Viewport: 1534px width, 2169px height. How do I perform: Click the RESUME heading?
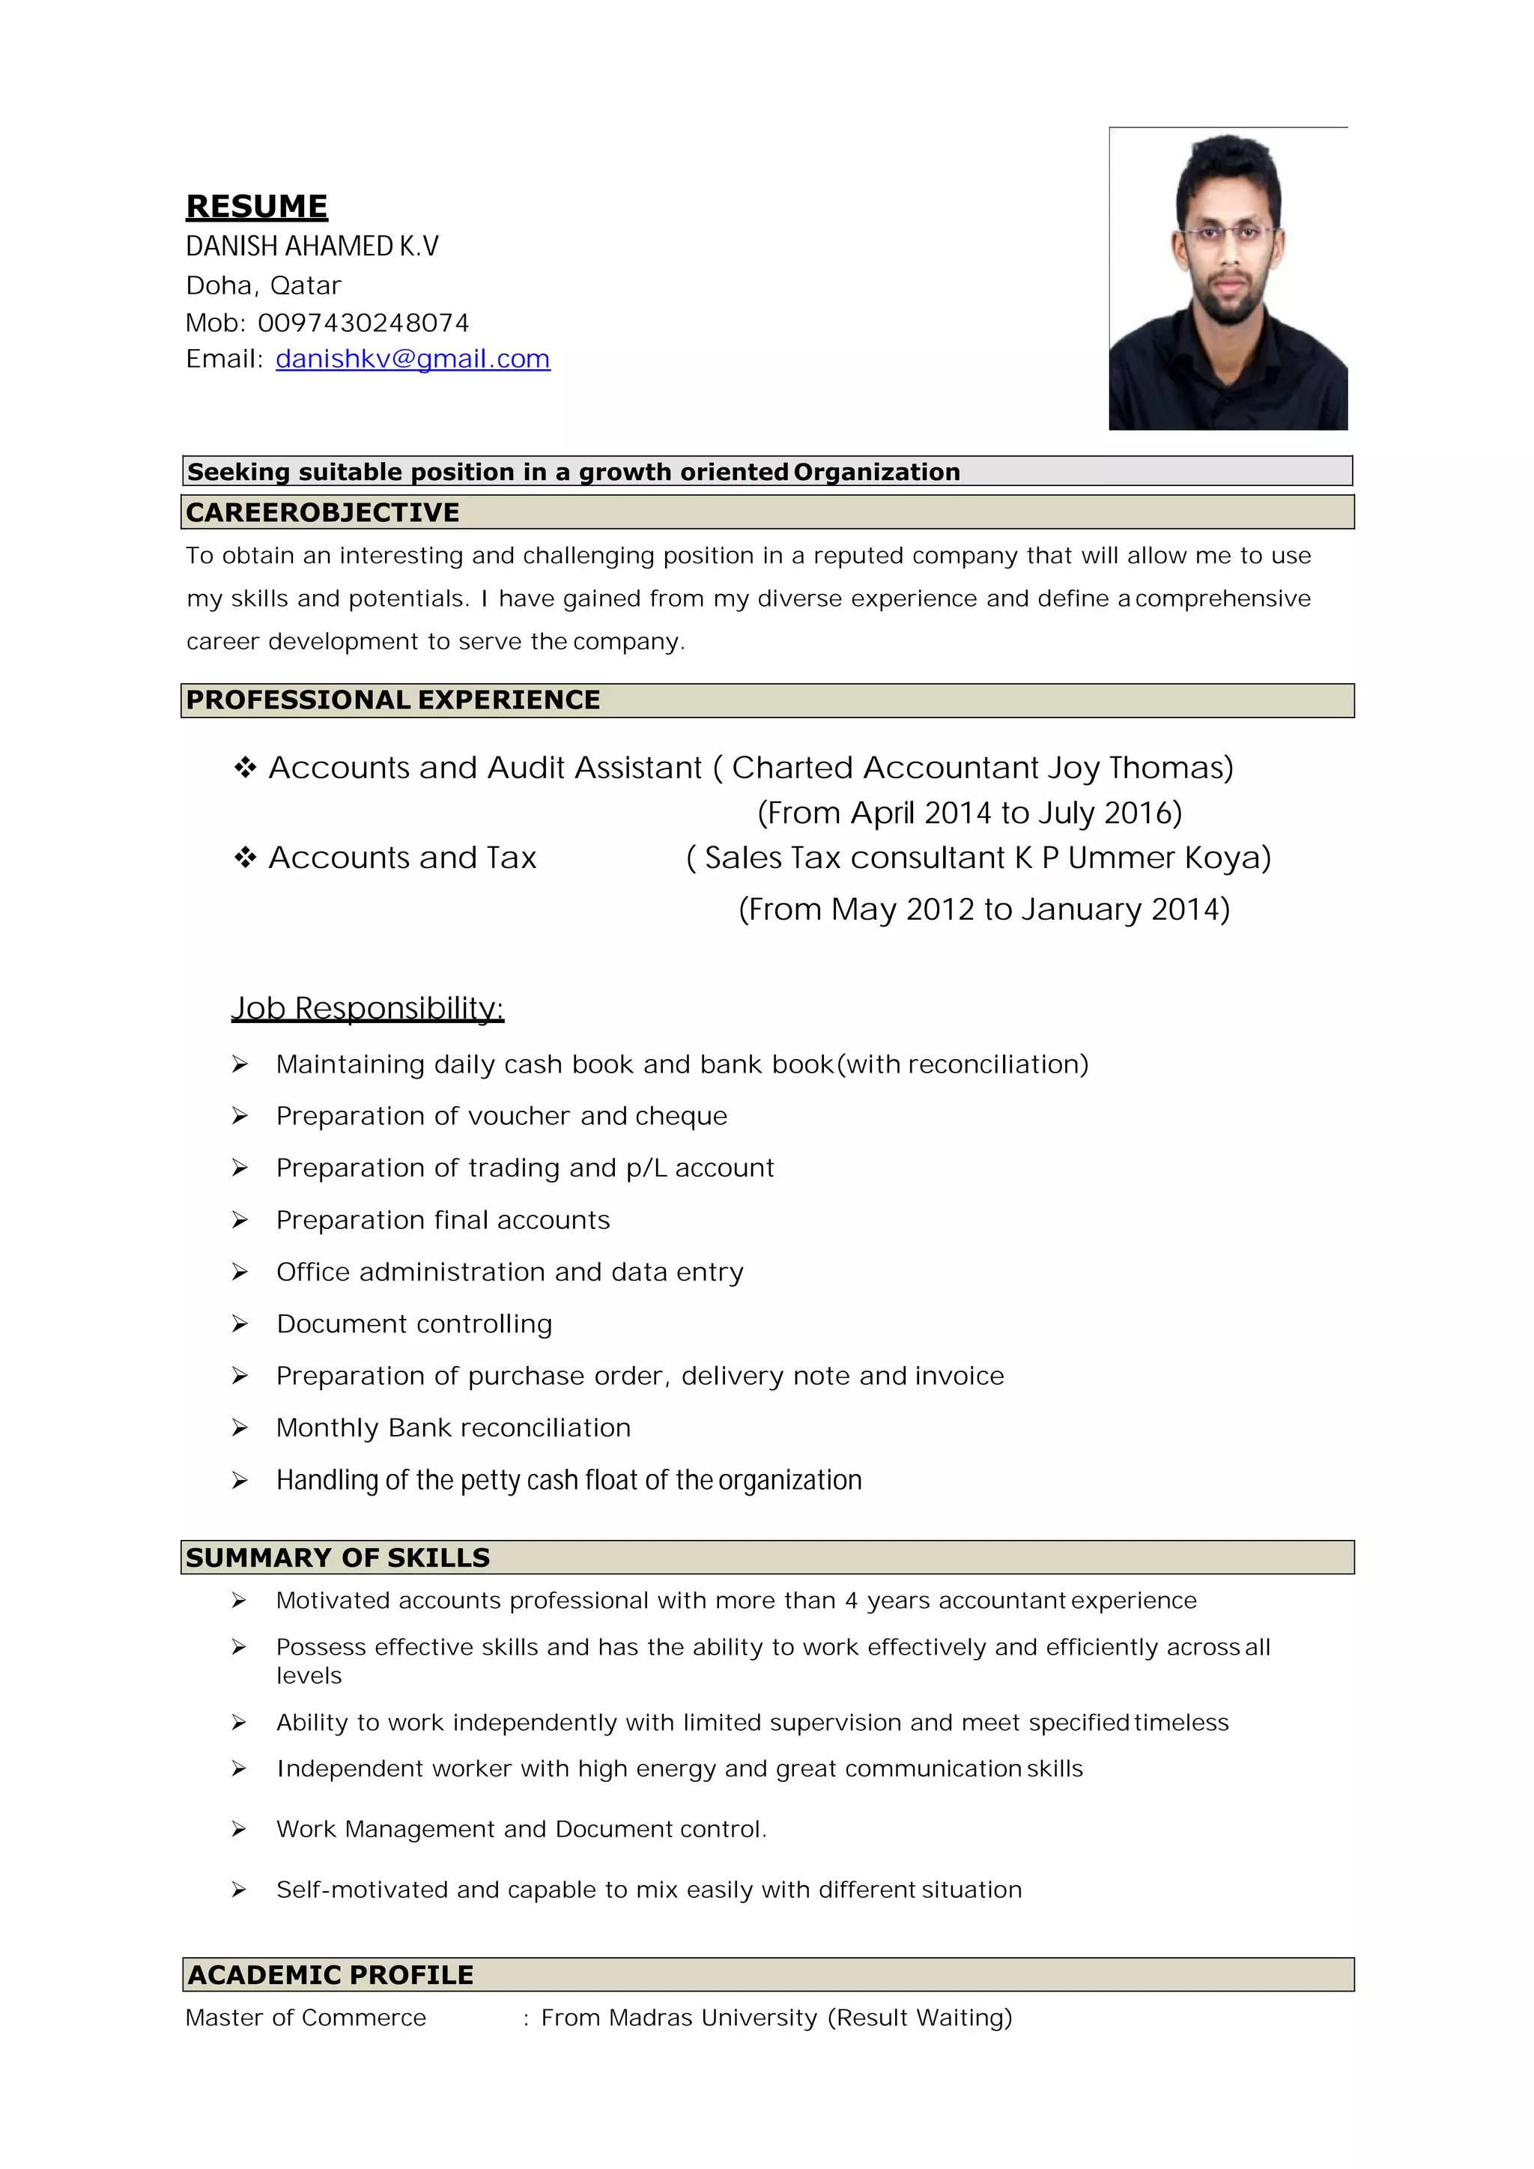click(x=256, y=206)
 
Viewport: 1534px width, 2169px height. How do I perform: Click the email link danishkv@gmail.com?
click(x=413, y=359)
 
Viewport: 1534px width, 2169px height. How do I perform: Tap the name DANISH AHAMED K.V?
click(x=312, y=246)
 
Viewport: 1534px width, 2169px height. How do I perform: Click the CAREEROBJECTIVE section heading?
click(x=322, y=512)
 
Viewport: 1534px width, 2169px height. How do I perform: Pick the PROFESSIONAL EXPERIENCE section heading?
click(x=393, y=700)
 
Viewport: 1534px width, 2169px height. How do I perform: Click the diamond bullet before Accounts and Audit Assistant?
click(x=246, y=767)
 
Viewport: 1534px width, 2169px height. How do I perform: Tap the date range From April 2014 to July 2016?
click(x=969, y=813)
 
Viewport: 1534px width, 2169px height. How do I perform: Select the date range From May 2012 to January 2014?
click(x=983, y=908)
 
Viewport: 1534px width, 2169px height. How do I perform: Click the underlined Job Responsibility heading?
click(x=368, y=1008)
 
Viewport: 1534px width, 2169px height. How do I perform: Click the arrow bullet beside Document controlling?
click(x=240, y=1324)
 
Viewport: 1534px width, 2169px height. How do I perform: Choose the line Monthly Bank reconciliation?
click(x=453, y=1428)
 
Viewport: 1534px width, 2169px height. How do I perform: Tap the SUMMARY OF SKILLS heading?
click(x=337, y=1558)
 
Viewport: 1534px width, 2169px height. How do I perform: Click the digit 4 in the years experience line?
click(x=851, y=1601)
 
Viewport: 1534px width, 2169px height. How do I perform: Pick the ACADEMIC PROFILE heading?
click(x=330, y=1974)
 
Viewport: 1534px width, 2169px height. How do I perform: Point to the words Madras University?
click(x=712, y=2017)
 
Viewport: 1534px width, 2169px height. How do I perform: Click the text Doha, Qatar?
click(x=264, y=285)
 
